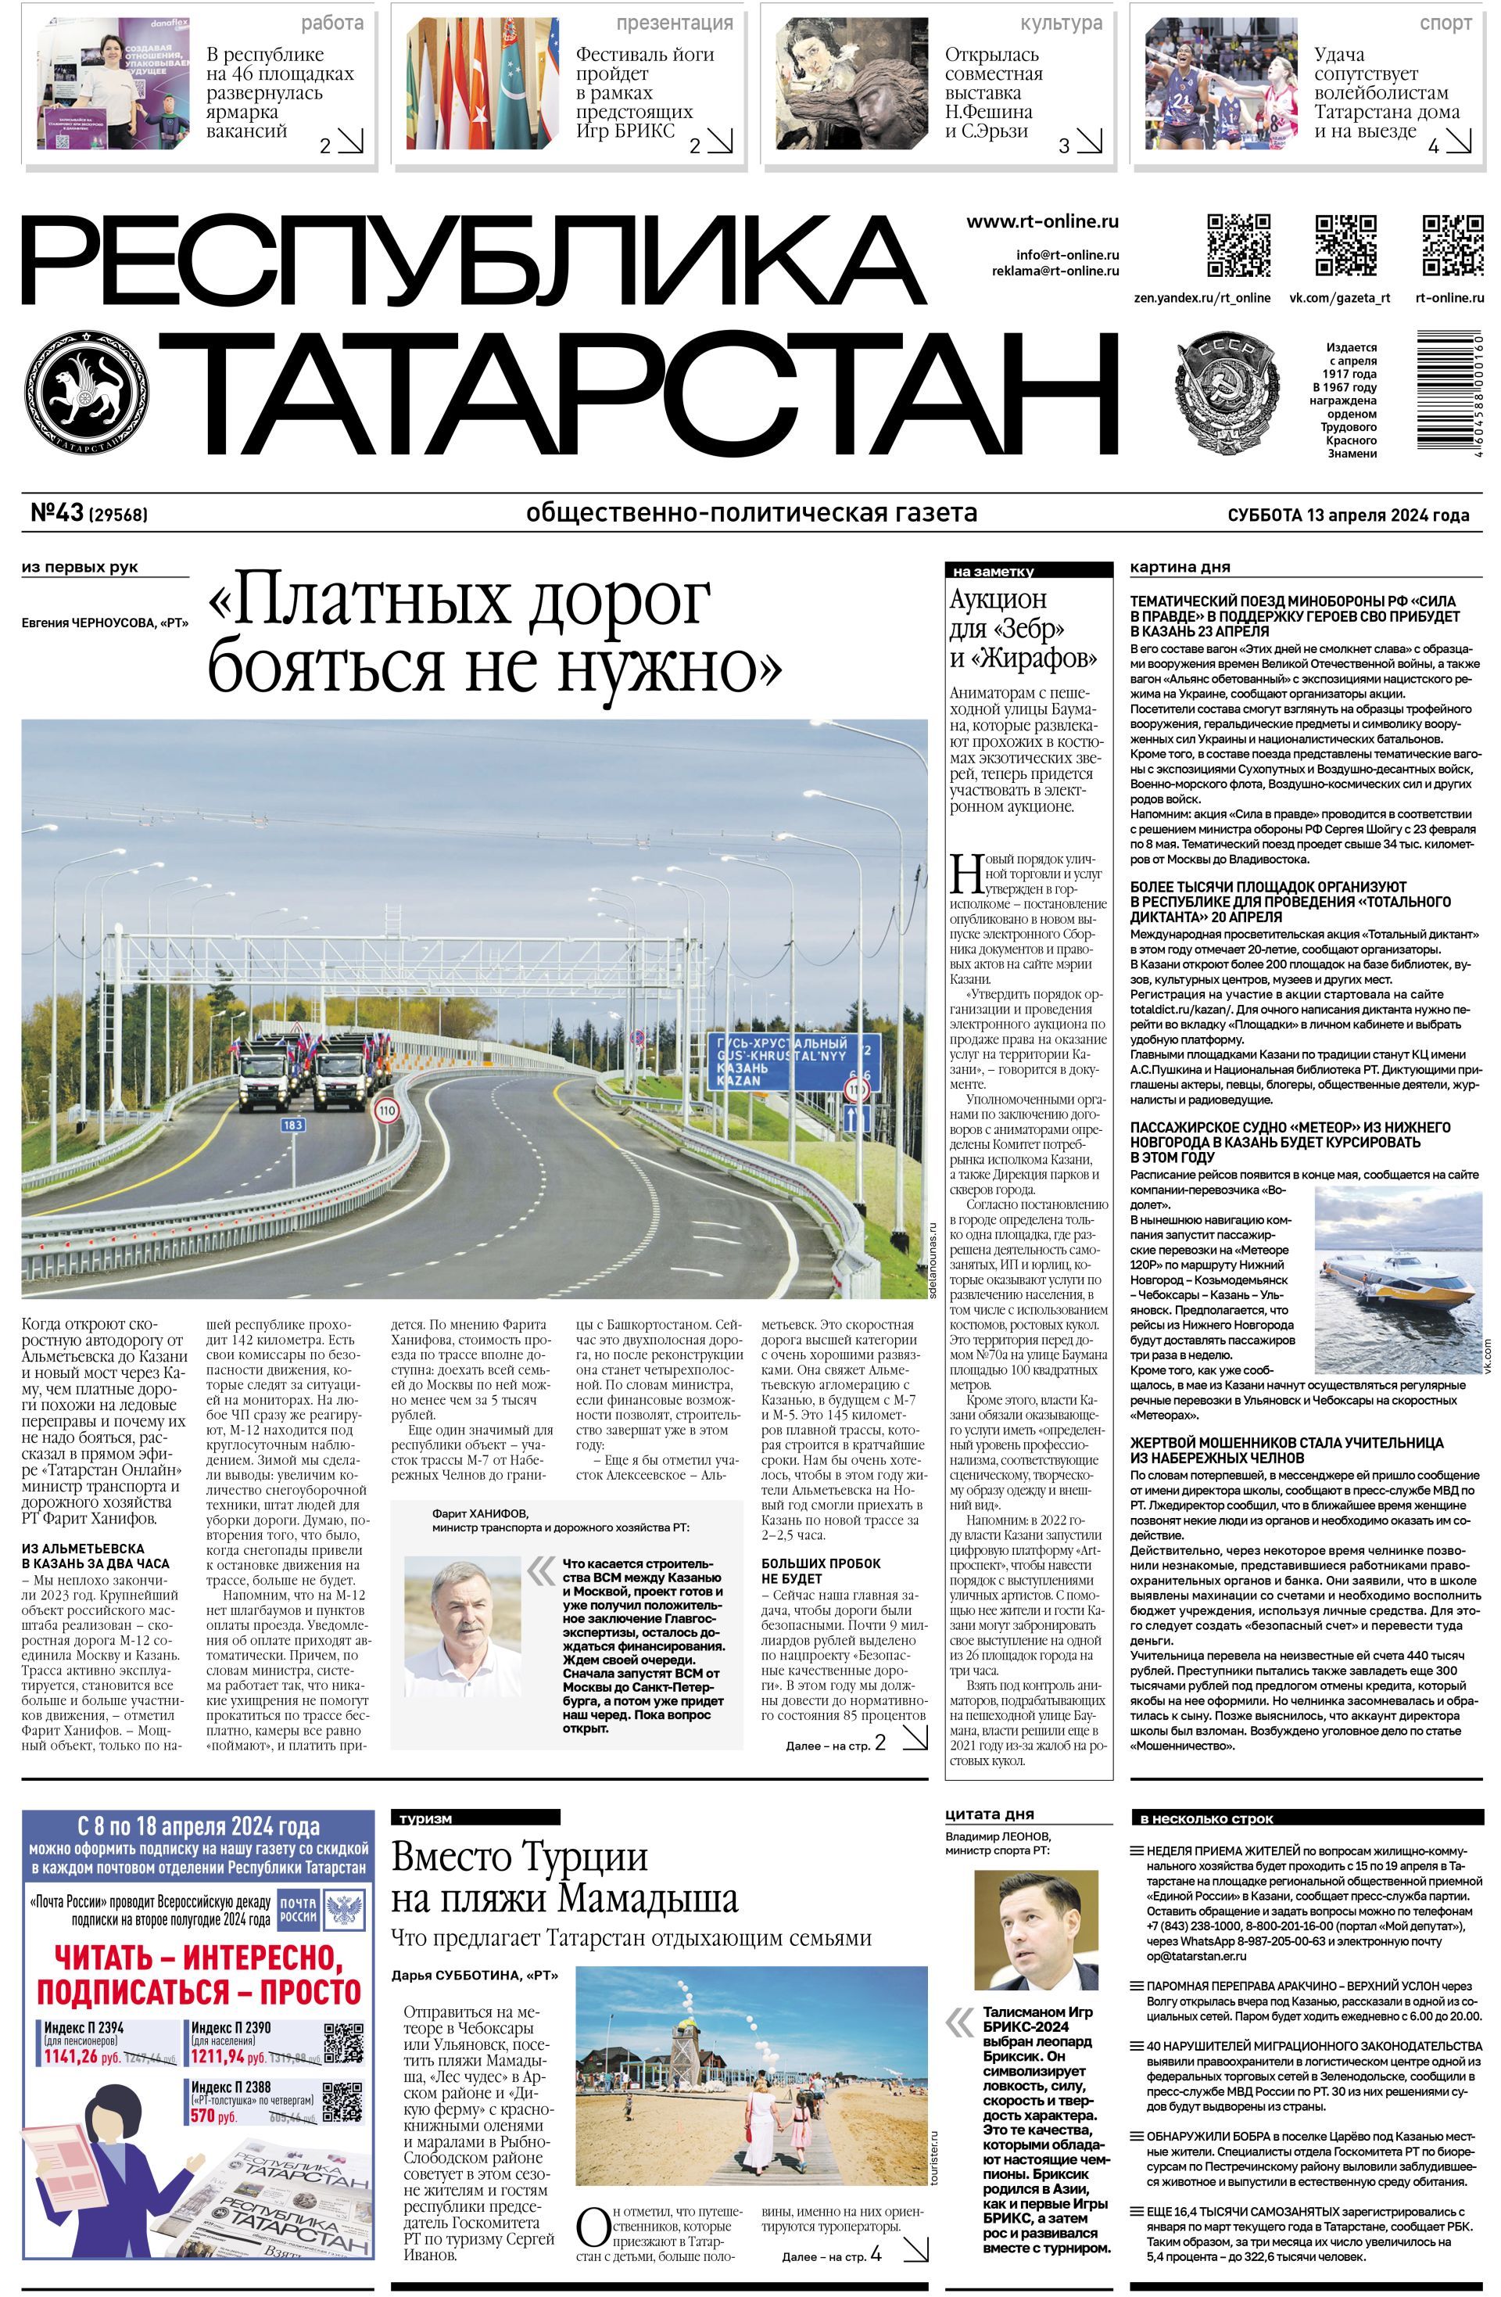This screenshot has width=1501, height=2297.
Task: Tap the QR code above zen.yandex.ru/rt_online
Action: point(1238,245)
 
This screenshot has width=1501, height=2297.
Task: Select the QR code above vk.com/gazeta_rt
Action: point(1347,245)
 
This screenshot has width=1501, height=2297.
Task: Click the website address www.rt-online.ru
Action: point(1042,222)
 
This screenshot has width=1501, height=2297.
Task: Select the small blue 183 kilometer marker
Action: point(292,1125)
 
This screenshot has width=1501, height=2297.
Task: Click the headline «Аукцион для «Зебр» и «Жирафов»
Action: point(1023,628)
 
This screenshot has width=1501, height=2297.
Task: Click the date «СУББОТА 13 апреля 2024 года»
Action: point(1348,515)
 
